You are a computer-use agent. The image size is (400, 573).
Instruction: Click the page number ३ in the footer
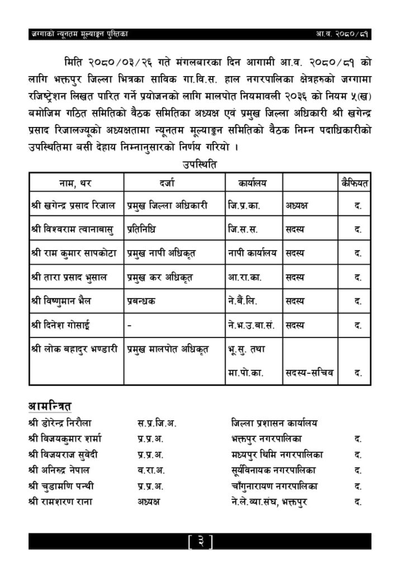point(199,541)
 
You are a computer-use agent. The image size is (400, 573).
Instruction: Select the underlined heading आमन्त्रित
point(50,405)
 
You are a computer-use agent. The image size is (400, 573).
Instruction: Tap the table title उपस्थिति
point(199,165)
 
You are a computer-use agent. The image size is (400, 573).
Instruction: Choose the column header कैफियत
point(356,182)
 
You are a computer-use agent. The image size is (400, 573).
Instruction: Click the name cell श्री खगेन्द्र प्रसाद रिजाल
point(73,205)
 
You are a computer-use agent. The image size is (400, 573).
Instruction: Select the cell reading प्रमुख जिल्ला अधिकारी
point(168,205)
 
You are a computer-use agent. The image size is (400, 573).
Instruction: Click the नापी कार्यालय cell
point(253,253)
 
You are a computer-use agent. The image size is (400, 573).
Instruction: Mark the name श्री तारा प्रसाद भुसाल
point(69,277)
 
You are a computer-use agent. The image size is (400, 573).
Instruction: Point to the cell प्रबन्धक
point(141,301)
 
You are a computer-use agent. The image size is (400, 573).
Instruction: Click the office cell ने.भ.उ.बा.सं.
point(250,325)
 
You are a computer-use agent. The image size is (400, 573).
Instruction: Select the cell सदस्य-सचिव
point(309,372)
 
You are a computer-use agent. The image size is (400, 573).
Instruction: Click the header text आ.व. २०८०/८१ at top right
point(341,35)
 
